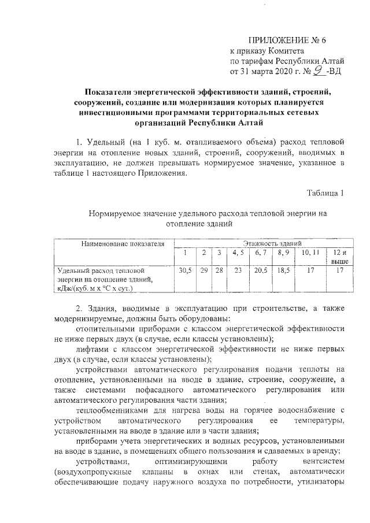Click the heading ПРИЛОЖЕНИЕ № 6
287,40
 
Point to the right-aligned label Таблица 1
325,192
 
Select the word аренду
328,450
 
